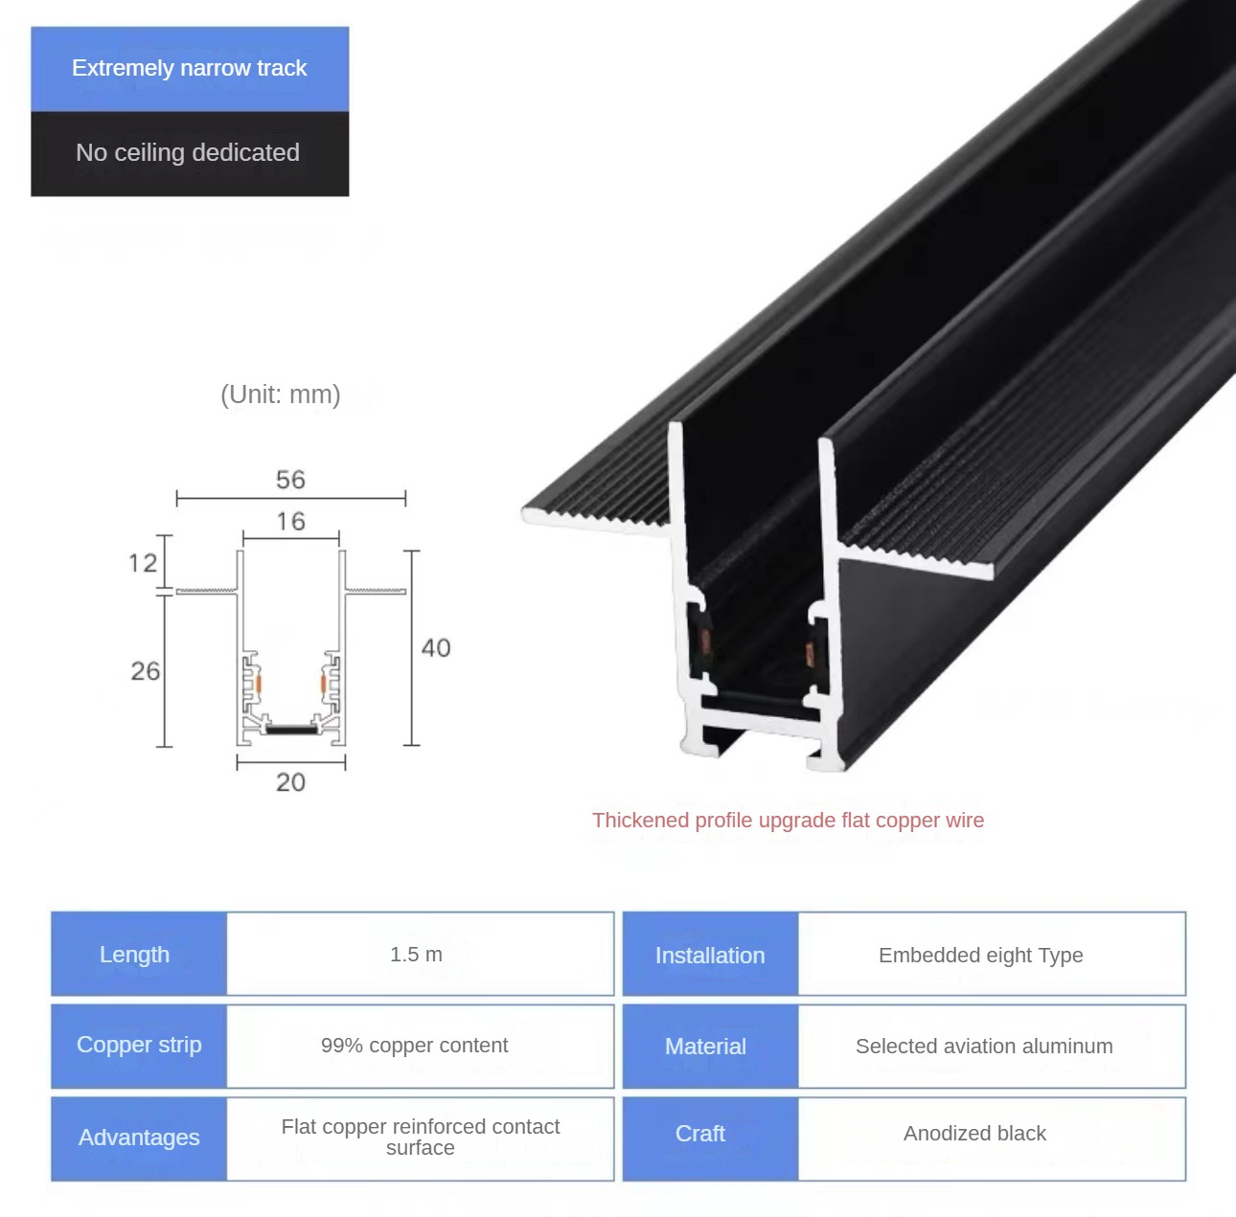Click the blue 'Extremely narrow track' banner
[x=190, y=69]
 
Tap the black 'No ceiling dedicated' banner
[x=190, y=154]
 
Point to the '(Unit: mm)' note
[x=281, y=394]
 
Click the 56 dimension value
[x=290, y=480]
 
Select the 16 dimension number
[x=290, y=521]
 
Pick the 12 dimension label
[x=143, y=563]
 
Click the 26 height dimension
[x=145, y=671]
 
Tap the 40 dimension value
[x=436, y=647]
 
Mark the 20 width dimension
[x=290, y=782]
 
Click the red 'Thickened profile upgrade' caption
[x=788, y=820]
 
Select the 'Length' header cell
[x=139, y=954]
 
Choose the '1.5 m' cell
[x=420, y=954]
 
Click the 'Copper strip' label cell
[x=139, y=1046]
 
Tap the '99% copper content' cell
[x=420, y=1046]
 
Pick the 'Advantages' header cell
[x=139, y=1138]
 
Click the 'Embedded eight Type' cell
[x=992, y=954]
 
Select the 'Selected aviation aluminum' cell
[x=992, y=1046]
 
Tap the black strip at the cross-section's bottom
[x=292, y=729]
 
